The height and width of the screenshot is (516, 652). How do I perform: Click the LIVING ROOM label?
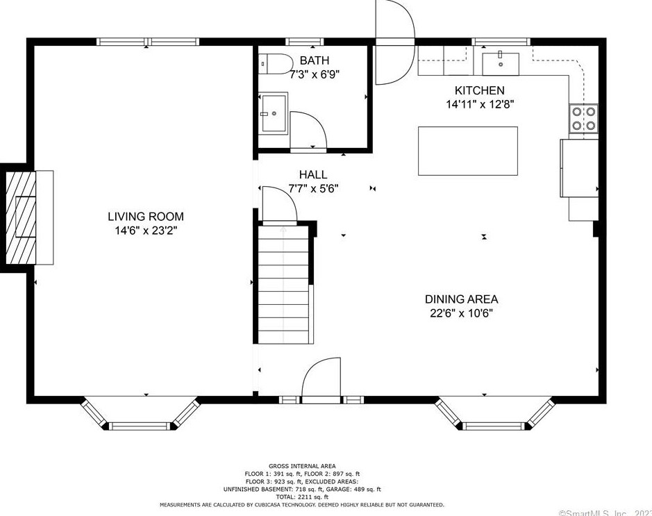[x=145, y=217]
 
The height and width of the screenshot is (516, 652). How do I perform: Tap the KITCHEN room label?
[x=479, y=90]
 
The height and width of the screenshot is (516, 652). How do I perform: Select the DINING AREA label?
[x=461, y=299]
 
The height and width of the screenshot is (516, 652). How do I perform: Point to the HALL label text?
[x=312, y=175]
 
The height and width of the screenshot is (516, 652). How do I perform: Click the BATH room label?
[x=314, y=61]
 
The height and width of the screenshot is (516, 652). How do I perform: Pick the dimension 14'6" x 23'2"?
[x=145, y=231]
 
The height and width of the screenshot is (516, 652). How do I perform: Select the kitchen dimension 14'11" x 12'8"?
[x=479, y=105]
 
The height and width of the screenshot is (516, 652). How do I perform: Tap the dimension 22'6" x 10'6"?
[x=461, y=313]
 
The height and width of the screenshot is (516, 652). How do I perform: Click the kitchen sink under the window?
[x=500, y=63]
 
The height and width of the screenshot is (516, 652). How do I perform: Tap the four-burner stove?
[x=583, y=118]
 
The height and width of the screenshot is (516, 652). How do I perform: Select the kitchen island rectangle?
[x=467, y=151]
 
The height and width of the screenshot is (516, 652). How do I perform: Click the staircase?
[x=283, y=285]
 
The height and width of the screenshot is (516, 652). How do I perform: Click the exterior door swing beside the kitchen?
[x=394, y=42]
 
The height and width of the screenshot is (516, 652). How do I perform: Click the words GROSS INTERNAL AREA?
[x=302, y=466]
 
